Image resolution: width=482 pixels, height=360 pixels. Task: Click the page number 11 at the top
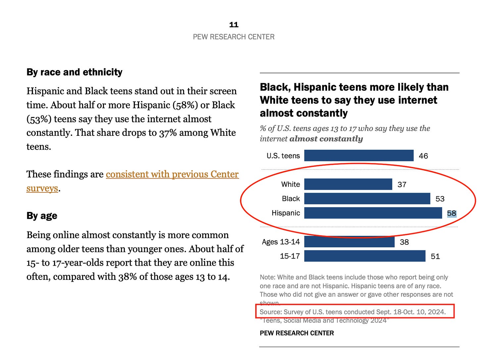[234, 25]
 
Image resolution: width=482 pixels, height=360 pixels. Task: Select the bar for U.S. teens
[359, 156]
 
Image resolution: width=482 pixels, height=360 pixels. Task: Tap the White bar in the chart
[348, 184]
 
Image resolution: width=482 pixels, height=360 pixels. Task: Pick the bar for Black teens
[367, 199]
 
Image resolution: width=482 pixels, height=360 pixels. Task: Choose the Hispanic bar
[373, 213]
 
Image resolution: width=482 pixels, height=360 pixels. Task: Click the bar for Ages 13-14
[349, 242]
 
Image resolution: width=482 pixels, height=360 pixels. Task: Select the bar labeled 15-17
[365, 256]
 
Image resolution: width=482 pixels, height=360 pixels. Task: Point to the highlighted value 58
[452, 213]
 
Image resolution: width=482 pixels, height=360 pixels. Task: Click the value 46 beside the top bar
[423, 156]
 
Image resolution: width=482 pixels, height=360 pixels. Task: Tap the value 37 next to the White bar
[402, 184]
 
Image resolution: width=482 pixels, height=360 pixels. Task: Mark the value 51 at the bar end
[435, 256]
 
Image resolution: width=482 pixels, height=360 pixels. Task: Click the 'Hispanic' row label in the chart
[286, 213]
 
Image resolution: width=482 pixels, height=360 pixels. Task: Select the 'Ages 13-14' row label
[281, 242]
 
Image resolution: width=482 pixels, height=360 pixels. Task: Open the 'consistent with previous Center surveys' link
[132, 181]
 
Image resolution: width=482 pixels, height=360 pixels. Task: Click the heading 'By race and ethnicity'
[74, 72]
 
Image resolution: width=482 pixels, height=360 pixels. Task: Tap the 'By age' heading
[42, 216]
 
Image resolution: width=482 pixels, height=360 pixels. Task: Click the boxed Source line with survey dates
[353, 312]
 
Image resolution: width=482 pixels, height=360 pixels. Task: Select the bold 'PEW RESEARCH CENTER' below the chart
[297, 333]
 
